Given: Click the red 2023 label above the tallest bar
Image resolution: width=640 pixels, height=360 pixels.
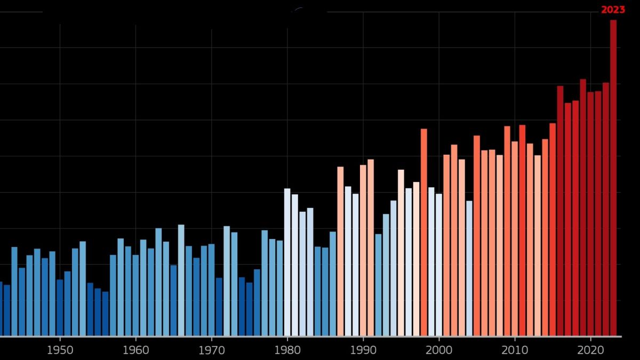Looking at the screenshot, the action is (613, 10).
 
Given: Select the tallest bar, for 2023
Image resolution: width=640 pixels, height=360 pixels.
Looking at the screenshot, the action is (613, 178).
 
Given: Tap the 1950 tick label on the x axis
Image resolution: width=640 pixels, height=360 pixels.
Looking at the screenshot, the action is (60, 350).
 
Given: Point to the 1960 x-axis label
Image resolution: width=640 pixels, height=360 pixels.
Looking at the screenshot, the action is (135, 350).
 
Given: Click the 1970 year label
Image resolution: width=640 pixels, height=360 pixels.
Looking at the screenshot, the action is (212, 350).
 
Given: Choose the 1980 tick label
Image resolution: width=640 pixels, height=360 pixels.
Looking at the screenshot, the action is (287, 350).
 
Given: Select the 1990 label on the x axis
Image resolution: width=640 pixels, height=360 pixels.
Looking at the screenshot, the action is (363, 350).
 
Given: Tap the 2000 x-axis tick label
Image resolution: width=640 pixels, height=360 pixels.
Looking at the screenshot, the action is (439, 350).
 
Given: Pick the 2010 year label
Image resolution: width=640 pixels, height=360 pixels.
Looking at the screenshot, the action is (515, 350).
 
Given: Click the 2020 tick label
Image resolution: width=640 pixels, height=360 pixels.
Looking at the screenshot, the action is (590, 350).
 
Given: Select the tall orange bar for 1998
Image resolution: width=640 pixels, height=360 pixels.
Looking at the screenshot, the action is (423, 233).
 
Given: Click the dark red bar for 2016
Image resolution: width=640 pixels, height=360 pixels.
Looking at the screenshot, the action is (561, 211).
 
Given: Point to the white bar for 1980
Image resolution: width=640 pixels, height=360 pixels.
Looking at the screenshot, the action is (287, 262).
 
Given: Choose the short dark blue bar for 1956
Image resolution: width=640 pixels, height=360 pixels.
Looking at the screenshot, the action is (105, 314).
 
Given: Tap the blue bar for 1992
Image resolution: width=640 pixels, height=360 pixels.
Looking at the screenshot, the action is (378, 285).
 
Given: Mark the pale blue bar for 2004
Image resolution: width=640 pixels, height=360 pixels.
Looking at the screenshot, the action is (469, 268).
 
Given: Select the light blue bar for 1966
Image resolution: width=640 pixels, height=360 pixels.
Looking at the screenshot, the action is (181, 281).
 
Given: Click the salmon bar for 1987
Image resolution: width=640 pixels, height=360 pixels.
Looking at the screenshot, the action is (340, 251).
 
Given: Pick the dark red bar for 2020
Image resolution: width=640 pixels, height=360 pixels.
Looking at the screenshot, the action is (590, 214).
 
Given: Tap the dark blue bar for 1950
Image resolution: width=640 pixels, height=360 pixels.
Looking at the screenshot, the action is (60, 307).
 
